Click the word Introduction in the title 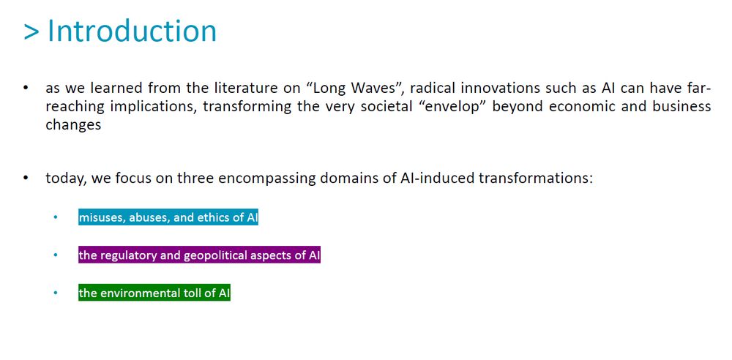pyautogui.click(x=132, y=31)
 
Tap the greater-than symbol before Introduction pyautogui.click(x=31, y=32)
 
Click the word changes pyautogui.click(x=73, y=126)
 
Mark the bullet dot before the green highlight pyautogui.click(x=56, y=293)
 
